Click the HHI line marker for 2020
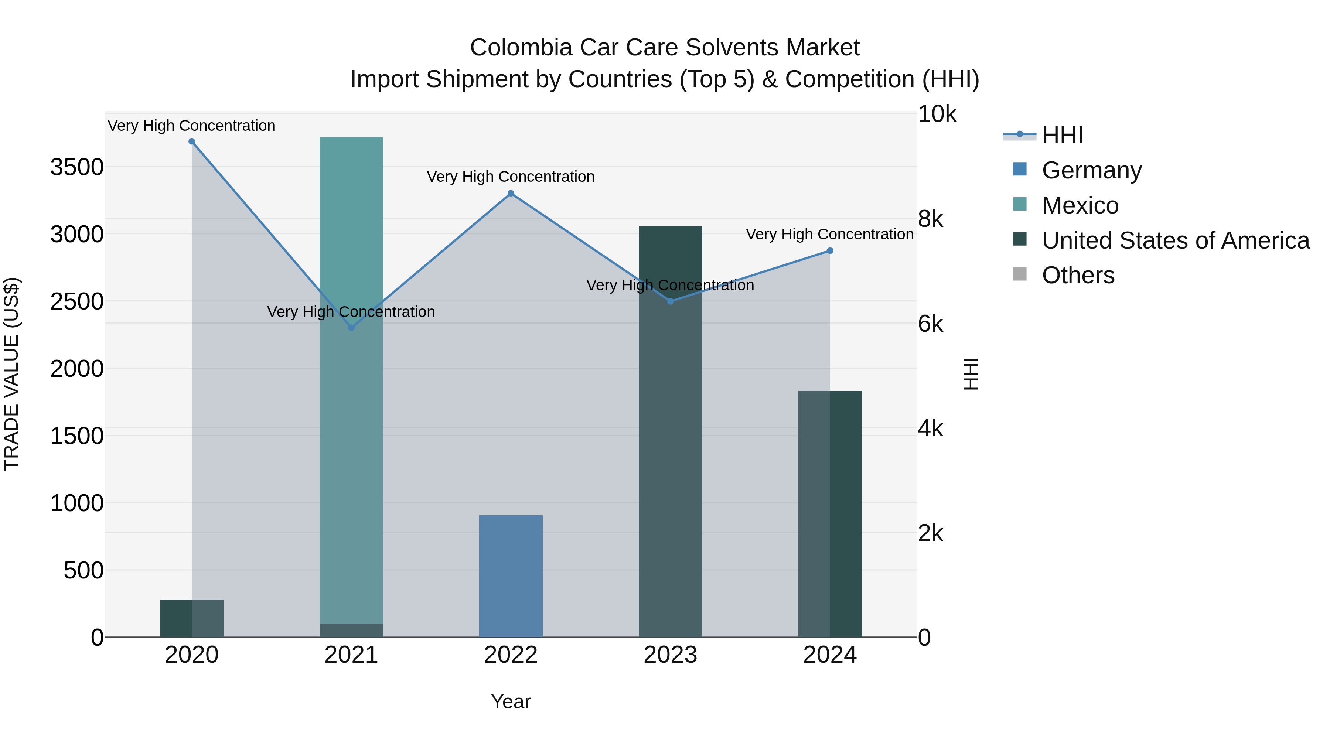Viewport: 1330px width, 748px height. [x=191, y=141]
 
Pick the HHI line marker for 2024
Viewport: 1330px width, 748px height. [x=830, y=251]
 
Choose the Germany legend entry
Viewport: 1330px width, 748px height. [x=1091, y=170]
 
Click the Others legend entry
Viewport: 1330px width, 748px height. [x=1078, y=275]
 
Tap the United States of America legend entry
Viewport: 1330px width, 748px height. [x=1175, y=240]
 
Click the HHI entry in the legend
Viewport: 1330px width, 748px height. [x=1062, y=135]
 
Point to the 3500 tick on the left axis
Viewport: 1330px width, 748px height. [x=76, y=167]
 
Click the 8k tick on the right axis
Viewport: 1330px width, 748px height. [x=930, y=219]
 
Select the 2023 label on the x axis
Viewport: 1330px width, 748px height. [x=670, y=655]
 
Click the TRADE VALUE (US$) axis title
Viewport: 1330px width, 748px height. [x=11, y=374]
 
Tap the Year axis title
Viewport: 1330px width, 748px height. [x=511, y=701]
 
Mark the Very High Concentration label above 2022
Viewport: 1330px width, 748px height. [x=511, y=177]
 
